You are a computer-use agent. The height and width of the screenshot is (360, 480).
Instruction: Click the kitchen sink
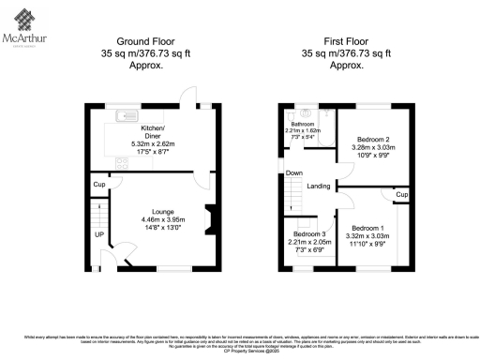click(125, 116)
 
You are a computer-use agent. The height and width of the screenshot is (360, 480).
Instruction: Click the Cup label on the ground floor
click(97, 185)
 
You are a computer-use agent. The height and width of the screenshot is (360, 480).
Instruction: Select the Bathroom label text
click(302, 124)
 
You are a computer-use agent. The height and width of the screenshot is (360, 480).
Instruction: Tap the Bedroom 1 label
click(367, 228)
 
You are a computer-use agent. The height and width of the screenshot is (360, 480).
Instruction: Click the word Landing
click(318, 187)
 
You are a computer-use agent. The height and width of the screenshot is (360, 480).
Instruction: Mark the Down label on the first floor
click(294, 173)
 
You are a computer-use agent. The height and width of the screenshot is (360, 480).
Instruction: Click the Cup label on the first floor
click(401, 194)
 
